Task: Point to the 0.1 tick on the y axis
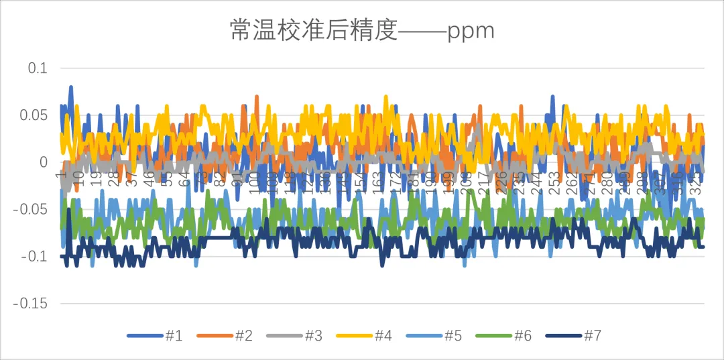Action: pos(38,68)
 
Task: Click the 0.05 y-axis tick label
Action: pos(34,115)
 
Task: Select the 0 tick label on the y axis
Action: pos(44,162)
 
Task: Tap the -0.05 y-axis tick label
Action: pos(31,209)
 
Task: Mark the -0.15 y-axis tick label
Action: pos(31,303)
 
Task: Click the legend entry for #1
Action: pos(174,336)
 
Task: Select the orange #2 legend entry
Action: pos(243,336)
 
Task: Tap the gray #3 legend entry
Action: pos(313,336)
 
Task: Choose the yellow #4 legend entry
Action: pos(383,336)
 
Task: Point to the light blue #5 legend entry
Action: pos(452,336)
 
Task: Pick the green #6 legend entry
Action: pos(522,336)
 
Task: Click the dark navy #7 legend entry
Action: pos(592,336)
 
